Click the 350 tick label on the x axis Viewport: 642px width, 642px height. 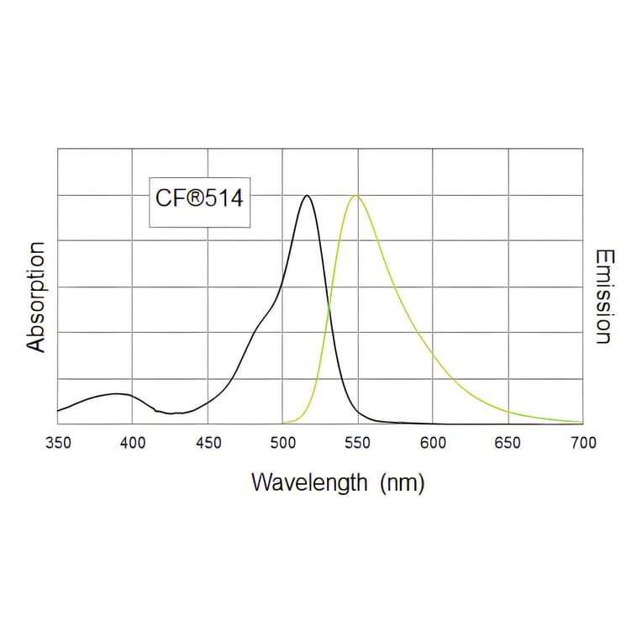pos(57,443)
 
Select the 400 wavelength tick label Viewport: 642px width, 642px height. pos(132,443)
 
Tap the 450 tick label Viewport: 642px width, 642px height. pos(208,443)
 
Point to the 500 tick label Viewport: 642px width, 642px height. pos(282,443)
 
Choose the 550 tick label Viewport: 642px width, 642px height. pos(358,443)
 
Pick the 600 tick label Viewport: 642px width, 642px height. pos(433,443)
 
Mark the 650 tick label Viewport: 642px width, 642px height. pos(508,443)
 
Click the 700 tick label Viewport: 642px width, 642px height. pos(582,443)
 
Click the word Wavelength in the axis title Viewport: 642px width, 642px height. pos(309,483)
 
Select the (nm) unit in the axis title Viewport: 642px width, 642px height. pos(402,483)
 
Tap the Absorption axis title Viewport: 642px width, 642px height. pos(35,297)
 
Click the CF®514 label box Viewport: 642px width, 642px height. pos(199,202)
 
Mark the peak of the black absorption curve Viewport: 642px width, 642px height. pos(307,196)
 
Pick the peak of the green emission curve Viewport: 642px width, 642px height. pos(356,196)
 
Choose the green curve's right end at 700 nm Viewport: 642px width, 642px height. pos(581,422)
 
